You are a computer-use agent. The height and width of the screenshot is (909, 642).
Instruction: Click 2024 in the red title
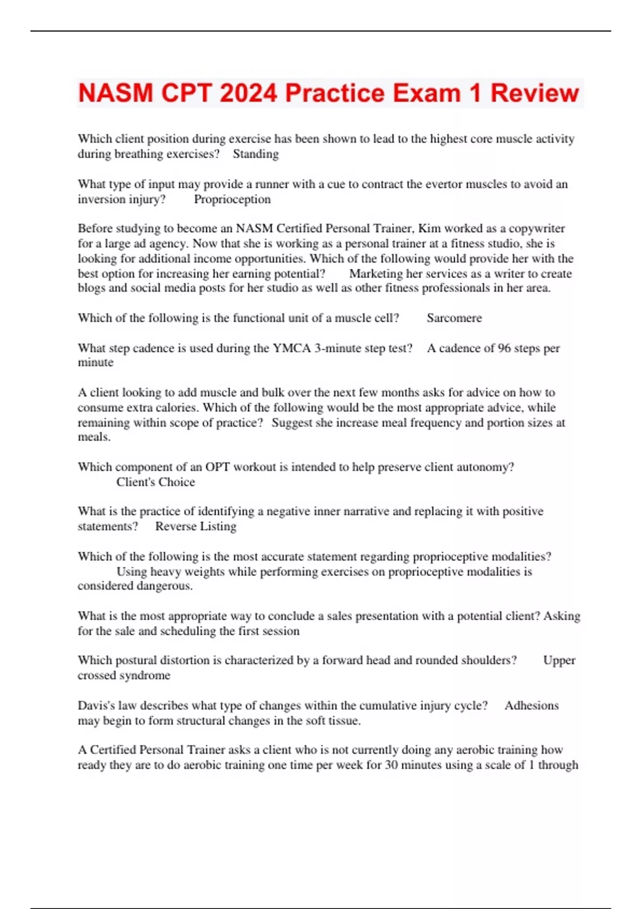coord(248,93)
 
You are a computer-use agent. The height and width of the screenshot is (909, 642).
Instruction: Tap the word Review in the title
coord(534,93)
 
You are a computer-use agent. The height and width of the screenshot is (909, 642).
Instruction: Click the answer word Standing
coord(255,154)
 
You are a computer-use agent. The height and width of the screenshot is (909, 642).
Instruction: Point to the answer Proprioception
coord(232,199)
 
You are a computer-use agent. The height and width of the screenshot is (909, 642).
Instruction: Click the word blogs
coord(91,288)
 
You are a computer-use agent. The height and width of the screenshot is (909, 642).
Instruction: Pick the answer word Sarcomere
coord(454,318)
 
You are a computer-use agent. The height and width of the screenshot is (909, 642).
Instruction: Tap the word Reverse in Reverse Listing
coord(175,527)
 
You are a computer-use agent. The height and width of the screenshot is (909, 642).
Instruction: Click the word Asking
coord(562,616)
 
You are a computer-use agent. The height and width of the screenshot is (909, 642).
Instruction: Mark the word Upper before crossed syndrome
coord(559,660)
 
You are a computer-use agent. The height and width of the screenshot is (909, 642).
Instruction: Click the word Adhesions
coord(531,706)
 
